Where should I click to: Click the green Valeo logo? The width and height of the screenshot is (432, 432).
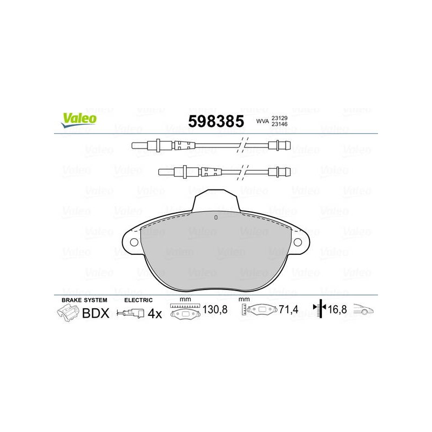79,120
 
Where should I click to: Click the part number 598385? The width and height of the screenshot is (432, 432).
216,121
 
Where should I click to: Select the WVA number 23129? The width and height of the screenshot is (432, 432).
279,118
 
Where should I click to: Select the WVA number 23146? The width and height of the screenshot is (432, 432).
279,124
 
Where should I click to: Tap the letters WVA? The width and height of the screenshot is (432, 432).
262,121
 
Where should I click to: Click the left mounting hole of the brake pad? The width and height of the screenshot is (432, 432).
134,242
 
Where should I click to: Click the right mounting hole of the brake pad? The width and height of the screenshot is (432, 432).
298,242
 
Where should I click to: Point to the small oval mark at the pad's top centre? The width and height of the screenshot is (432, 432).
216,218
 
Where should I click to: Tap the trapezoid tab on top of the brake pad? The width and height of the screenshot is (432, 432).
215,200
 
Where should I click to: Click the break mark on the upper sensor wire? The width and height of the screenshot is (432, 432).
242,145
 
